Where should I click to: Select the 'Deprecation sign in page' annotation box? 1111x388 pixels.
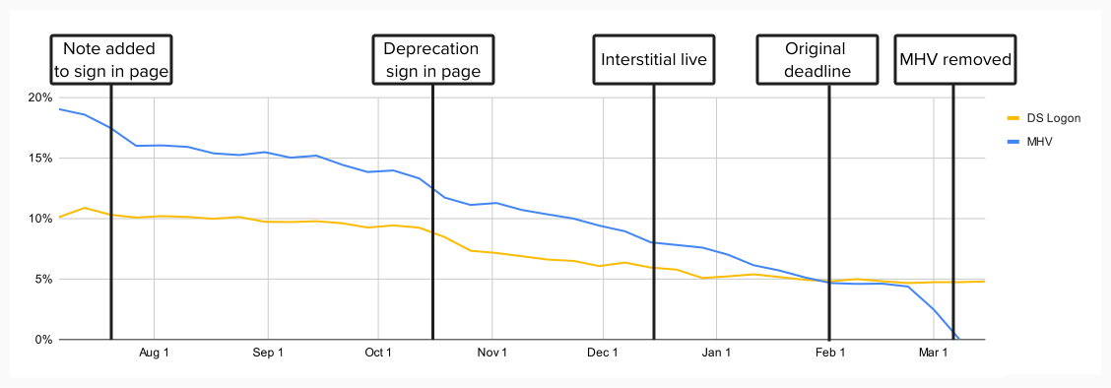coord(431,59)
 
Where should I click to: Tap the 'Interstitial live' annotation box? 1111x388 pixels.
coord(654,59)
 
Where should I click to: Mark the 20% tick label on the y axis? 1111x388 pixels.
coord(39,97)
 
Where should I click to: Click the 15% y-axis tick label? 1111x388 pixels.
coord(39,159)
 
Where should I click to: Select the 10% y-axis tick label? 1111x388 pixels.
coord(39,219)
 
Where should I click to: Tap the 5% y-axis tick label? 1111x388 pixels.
coord(42,280)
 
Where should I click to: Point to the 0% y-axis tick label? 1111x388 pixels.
coord(42,340)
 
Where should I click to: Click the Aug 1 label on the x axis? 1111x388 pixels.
coord(154,353)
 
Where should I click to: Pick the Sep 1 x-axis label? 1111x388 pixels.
coord(268,353)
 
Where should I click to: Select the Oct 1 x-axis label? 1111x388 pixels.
coord(378,353)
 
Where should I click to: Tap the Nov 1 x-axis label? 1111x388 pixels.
coord(491,353)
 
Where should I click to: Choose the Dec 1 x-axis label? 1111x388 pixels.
coord(602,353)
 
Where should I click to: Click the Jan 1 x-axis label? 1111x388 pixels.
coord(716,353)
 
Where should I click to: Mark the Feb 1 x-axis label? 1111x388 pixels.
coord(829,353)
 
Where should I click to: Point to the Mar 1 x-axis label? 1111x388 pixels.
coord(933,353)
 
